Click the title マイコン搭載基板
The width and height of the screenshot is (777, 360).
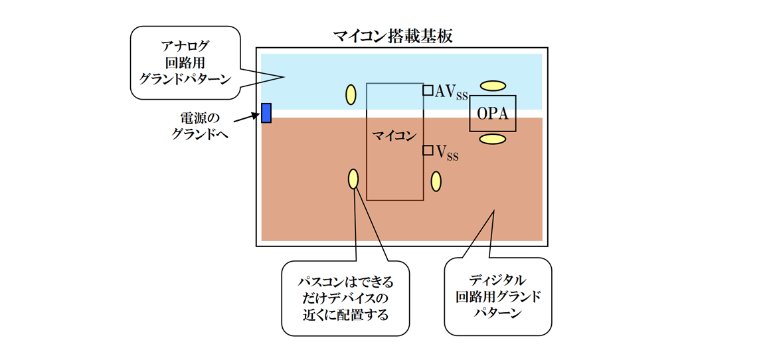[393, 36]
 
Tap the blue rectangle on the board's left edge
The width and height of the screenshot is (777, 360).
[266, 113]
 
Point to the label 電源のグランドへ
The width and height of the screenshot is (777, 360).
[199, 126]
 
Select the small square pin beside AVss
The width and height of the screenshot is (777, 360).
[428, 90]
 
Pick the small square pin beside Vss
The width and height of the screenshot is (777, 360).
[428, 150]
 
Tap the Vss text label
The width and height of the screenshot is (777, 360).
[447, 153]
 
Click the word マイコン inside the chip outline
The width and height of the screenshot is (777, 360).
[394, 136]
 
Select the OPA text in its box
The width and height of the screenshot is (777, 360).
[492, 114]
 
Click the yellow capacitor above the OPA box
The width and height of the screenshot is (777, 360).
[493, 85]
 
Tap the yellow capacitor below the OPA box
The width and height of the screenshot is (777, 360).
[493, 138]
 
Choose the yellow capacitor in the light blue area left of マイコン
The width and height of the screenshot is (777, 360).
[351, 95]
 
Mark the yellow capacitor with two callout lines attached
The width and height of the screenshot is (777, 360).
[353, 179]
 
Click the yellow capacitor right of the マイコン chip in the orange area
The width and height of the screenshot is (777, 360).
[436, 181]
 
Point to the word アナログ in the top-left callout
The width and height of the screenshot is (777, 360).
[185, 46]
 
